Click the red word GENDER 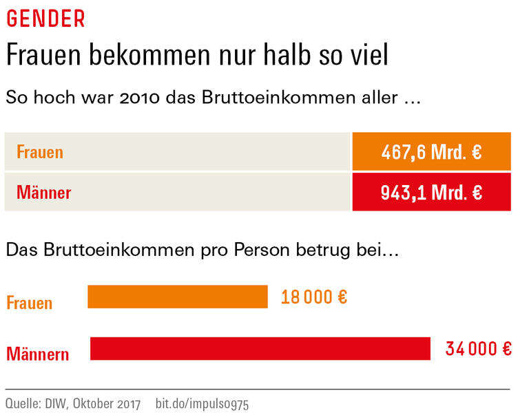[45, 19]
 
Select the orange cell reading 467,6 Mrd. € [431, 151]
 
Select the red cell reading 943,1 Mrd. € [431, 192]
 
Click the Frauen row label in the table [40, 152]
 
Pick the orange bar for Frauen [177, 297]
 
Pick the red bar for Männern [260, 348]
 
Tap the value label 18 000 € [313, 297]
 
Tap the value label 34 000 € [478, 349]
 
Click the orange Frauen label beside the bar [30, 303]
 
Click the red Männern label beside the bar [38, 354]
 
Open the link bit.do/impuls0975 [202, 403]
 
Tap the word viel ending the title [366, 56]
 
